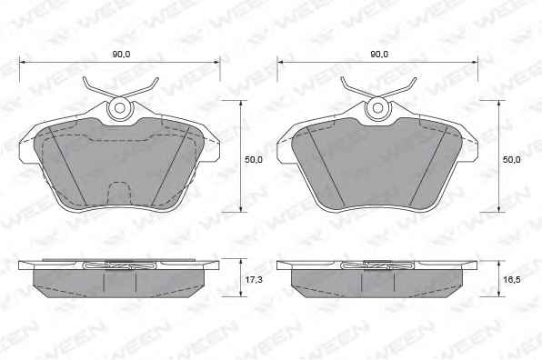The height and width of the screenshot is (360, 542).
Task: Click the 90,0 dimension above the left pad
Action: pos(121,55)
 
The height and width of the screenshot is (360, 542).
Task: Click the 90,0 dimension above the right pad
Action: pos(379,55)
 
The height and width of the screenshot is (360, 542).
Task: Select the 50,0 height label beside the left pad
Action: pos(254,160)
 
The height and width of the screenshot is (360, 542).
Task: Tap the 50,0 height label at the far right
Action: pos(512,160)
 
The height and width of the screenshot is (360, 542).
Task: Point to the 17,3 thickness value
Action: pos(254,279)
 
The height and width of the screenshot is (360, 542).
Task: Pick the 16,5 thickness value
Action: pos(512,279)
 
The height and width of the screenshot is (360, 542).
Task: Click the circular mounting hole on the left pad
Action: pos(120,108)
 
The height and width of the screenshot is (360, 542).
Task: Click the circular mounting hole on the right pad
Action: pos(377,108)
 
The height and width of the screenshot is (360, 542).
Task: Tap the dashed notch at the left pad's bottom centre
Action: pos(120,193)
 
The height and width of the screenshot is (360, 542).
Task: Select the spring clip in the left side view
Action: pos(120,266)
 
